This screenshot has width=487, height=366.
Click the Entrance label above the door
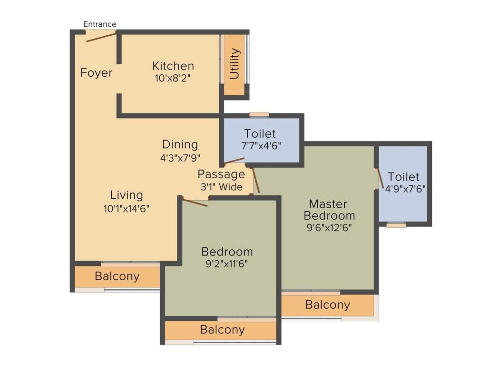tap(100, 24)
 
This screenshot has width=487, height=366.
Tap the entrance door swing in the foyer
tap(101, 37)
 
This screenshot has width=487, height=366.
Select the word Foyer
tap(96, 73)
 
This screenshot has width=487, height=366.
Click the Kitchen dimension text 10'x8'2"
tap(173, 77)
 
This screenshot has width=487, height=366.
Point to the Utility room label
tap(234, 63)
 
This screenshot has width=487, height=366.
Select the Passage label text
tap(221, 174)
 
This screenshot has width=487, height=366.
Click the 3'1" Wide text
tap(221, 187)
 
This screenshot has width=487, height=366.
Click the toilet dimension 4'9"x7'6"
tap(405, 188)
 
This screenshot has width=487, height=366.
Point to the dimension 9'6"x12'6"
tap(330, 227)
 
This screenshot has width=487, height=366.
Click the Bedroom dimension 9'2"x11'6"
tap(227, 264)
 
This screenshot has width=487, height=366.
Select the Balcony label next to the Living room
tap(117, 276)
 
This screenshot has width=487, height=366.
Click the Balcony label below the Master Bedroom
tap(327, 305)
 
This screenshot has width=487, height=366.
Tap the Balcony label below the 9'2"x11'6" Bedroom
tap(222, 329)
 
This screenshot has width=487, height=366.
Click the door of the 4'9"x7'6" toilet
tap(380, 179)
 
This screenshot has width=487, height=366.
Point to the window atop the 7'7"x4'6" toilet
tap(259, 114)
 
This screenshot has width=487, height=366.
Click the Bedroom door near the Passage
tap(195, 203)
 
